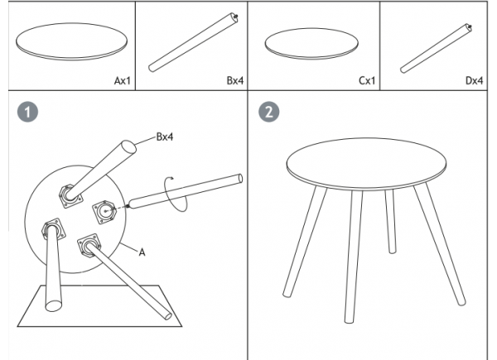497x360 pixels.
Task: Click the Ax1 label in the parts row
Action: (x=122, y=81)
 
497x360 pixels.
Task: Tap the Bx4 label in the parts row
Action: (x=235, y=81)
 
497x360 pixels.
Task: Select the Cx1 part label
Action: (x=367, y=81)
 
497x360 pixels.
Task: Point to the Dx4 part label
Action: (x=474, y=81)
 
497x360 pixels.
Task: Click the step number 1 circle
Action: (x=27, y=112)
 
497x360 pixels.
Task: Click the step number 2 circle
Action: (x=269, y=112)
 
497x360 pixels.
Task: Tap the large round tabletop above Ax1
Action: (x=71, y=41)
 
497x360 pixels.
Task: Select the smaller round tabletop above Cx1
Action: (x=311, y=43)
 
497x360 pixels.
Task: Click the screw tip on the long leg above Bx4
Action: (x=236, y=17)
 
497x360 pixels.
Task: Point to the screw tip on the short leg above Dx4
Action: (x=470, y=27)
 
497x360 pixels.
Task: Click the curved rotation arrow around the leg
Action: (x=175, y=194)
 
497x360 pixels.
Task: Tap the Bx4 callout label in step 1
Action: (x=165, y=137)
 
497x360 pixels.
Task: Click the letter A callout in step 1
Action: (x=142, y=252)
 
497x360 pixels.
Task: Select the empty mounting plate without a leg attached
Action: (x=104, y=212)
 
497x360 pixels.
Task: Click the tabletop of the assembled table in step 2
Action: (x=366, y=164)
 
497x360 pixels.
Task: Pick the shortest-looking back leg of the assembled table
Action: (x=390, y=221)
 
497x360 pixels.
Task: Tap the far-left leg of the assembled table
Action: (x=304, y=242)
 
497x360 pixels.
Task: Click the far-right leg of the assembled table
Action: (x=440, y=244)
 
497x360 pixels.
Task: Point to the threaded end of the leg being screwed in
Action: (x=128, y=206)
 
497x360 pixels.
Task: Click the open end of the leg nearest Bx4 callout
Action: (x=128, y=147)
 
